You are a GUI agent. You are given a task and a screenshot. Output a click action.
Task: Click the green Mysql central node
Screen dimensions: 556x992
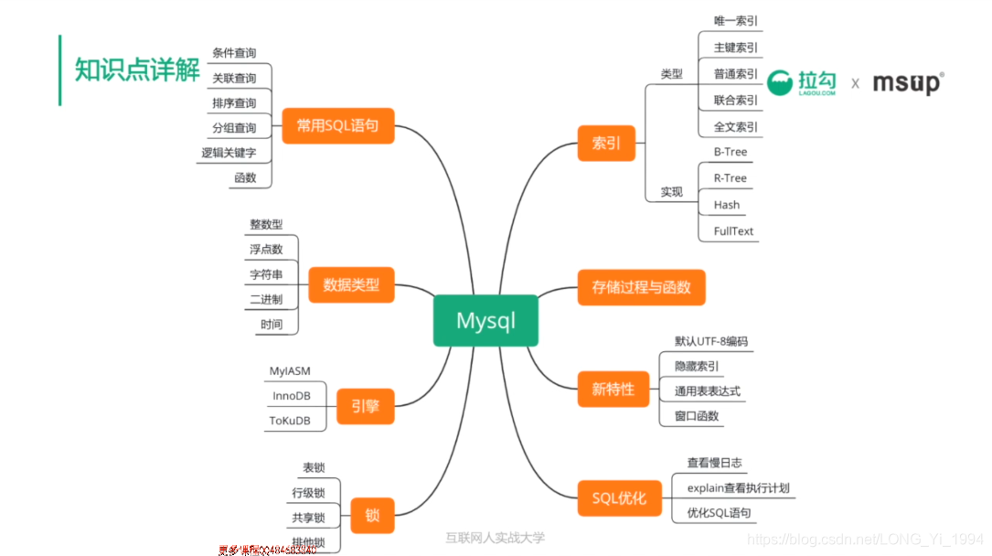[485, 321]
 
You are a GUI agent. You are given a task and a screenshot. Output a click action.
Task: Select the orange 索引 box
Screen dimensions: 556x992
[606, 143]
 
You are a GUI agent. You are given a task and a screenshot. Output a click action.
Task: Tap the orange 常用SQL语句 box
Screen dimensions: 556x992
[337, 125]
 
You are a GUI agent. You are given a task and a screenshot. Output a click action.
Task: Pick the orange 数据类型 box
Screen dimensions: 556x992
[351, 285]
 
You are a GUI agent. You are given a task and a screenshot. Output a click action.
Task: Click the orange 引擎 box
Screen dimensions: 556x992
[365, 405]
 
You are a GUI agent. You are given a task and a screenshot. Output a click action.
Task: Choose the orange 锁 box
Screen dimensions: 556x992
[371, 516]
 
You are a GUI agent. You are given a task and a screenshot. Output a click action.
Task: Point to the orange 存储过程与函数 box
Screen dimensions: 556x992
[641, 287]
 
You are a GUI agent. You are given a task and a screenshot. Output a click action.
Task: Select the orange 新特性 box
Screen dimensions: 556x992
[613, 389]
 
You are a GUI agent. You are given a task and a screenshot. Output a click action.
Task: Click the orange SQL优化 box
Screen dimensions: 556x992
[619, 497]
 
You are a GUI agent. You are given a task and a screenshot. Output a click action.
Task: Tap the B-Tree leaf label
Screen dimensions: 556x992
[730, 152]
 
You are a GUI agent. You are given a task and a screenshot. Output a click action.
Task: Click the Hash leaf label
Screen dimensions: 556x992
[726, 205]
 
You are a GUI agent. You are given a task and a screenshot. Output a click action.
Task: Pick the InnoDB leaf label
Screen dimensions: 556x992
[291, 396]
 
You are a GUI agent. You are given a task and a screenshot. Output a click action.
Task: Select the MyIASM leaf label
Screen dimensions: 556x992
[290, 371]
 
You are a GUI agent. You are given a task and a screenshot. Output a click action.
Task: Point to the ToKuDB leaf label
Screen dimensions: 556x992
[290, 421]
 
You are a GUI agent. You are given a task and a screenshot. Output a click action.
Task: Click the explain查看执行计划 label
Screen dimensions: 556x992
[737, 487]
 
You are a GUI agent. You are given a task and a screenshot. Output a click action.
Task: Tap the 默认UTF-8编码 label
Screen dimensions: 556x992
[711, 341]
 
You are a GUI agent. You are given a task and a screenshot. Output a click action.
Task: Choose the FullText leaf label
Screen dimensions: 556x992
[733, 231]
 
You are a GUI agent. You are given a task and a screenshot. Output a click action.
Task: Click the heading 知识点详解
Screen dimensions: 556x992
[137, 70]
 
